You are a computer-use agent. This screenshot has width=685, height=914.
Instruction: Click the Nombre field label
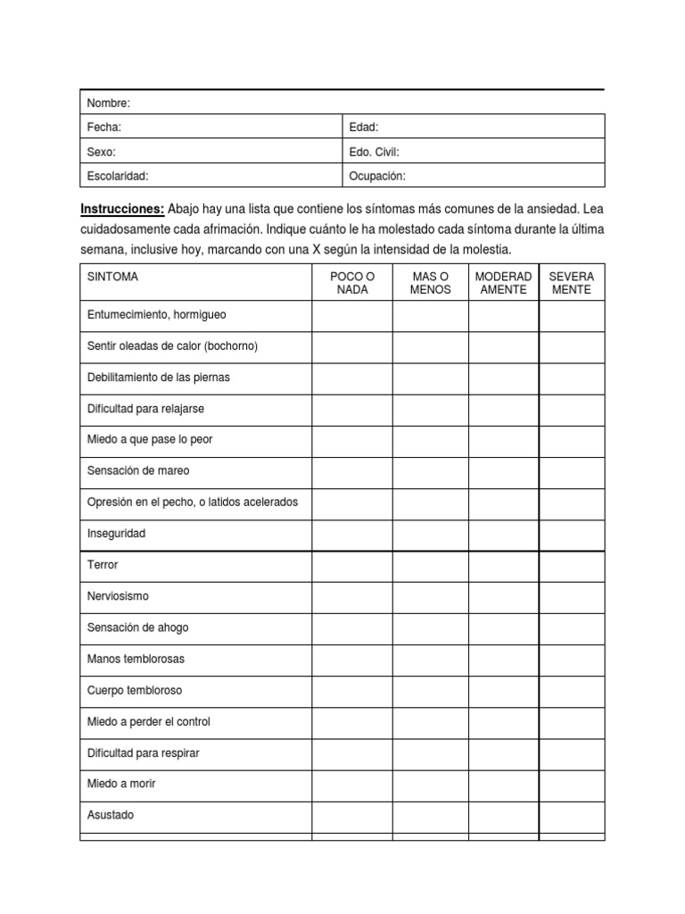tap(109, 104)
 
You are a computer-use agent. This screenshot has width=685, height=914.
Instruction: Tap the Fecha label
tap(104, 128)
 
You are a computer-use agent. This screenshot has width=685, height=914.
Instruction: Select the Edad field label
tap(364, 128)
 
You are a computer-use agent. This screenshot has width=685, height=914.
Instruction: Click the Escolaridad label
tap(118, 176)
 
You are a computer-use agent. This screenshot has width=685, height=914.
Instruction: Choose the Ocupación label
tap(378, 176)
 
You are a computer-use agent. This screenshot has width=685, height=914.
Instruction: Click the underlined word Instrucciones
tap(122, 208)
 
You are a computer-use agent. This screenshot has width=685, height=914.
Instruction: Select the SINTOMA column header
tap(112, 277)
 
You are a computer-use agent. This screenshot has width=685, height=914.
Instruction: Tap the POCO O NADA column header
tap(352, 283)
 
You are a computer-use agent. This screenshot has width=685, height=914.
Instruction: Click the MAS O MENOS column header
tap(431, 283)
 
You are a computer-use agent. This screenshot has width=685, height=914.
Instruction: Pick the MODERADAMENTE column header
tap(504, 283)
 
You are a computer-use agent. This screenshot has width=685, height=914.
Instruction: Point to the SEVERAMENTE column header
tap(572, 283)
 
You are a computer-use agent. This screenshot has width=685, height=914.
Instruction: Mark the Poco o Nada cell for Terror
tap(352, 566)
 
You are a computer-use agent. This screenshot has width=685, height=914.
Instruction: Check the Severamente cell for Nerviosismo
tap(572, 596)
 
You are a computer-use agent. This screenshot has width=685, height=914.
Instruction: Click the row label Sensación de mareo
tap(138, 470)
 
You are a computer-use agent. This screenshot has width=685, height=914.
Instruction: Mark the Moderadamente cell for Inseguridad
tap(504, 535)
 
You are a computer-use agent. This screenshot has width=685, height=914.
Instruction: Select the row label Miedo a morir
tap(122, 784)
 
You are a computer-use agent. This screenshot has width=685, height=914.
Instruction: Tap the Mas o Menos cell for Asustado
tap(431, 815)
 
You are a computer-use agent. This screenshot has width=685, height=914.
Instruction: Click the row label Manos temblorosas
tap(136, 659)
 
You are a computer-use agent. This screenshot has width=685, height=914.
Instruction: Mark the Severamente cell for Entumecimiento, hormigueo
tap(572, 315)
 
